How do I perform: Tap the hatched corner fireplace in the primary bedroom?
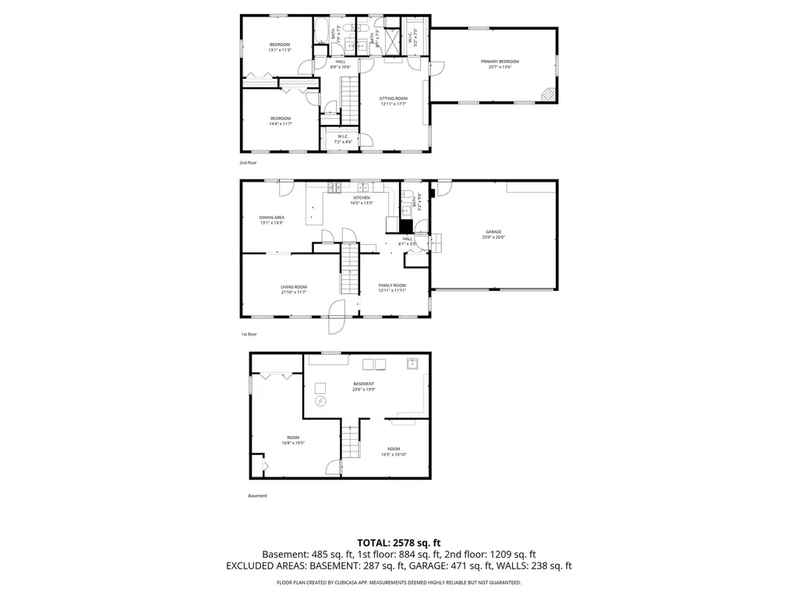(x=549, y=94)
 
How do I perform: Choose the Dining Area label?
(x=272, y=220)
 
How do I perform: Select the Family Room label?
(x=393, y=288)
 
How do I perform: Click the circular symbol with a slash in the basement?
(x=320, y=401)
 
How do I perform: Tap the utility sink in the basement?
(x=411, y=363)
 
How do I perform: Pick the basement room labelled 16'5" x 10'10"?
(x=394, y=451)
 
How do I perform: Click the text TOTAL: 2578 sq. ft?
(x=399, y=542)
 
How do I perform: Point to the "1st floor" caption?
(x=249, y=334)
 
